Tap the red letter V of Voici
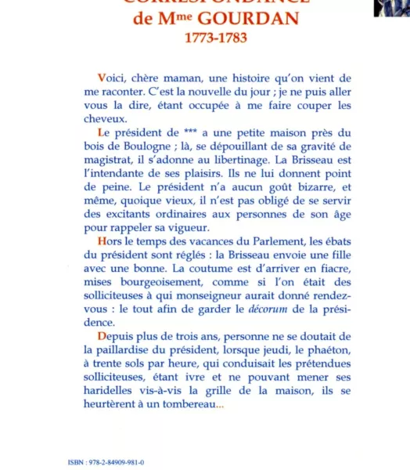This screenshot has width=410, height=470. pos(101,78)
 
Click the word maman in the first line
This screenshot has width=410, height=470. pos(185,78)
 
